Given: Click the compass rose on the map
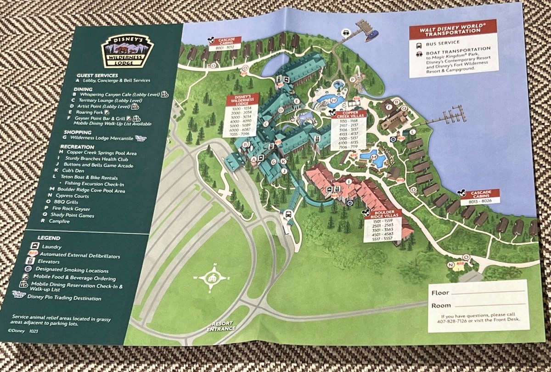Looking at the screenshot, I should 212,277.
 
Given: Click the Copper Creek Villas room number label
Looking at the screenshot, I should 350,133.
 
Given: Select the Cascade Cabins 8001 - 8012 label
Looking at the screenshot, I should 224,44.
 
